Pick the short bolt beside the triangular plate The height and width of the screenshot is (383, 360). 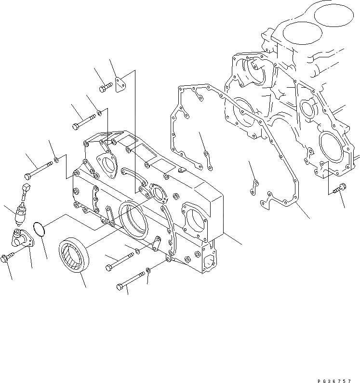[106, 88]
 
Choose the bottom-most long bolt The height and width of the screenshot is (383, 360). [130, 281]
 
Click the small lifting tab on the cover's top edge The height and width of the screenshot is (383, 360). [181, 169]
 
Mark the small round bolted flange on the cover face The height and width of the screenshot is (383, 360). [157, 191]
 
